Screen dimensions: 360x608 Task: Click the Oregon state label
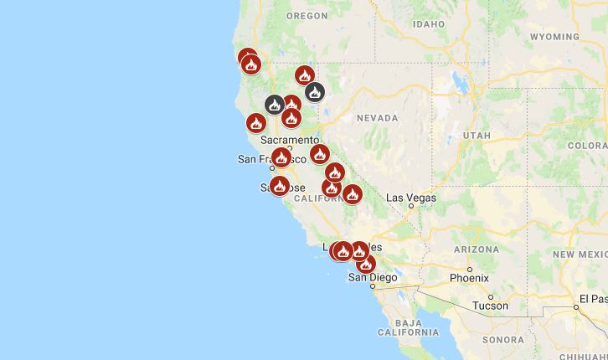pyautogui.click(x=307, y=16)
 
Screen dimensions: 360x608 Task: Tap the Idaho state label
pyautogui.click(x=428, y=24)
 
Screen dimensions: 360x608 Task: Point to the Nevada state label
pyautogui.click(x=377, y=119)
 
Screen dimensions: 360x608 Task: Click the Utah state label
pyautogui.click(x=477, y=135)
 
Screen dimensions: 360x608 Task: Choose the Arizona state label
pyautogui.click(x=476, y=249)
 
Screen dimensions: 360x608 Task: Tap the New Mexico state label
pyautogui.click(x=580, y=253)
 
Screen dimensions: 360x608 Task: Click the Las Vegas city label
pyautogui.click(x=411, y=198)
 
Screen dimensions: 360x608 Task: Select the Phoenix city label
pyautogui.click(x=468, y=277)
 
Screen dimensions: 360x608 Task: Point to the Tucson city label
pyautogui.click(x=490, y=306)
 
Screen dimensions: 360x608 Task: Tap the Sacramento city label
pyautogui.click(x=290, y=140)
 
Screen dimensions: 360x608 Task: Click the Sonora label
pyautogui.click(x=502, y=339)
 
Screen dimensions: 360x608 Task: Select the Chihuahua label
pyautogui.click(x=584, y=355)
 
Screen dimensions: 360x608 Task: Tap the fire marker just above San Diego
pyautogui.click(x=366, y=264)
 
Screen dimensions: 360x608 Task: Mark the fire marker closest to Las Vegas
pyautogui.click(x=352, y=194)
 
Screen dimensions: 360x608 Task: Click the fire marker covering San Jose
pyautogui.click(x=280, y=186)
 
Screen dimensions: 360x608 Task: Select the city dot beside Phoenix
pyautogui.click(x=470, y=269)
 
